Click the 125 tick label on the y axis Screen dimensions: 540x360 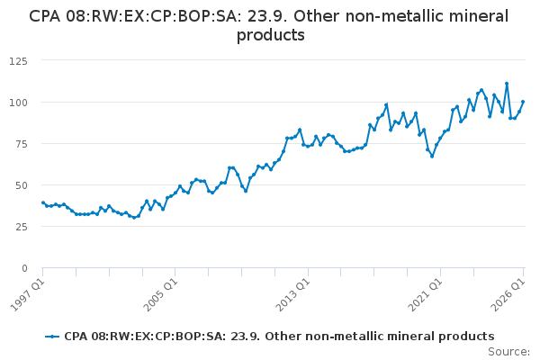(18, 61)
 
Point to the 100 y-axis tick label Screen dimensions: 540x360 (18, 103)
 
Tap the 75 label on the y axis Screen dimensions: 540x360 (21, 144)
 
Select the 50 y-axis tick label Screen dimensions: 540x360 (21, 185)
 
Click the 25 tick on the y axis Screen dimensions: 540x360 (21, 227)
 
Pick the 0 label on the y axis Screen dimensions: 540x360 (24, 268)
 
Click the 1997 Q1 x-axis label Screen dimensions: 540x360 (28, 295)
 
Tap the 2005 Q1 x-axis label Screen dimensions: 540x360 (160, 295)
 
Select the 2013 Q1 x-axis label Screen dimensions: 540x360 (293, 295)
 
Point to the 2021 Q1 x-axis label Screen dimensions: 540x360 (425, 295)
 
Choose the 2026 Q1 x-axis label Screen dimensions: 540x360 (508, 295)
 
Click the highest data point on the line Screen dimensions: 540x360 (507, 84)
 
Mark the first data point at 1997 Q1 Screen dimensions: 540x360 (43, 202)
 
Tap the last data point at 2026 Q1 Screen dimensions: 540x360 (523, 102)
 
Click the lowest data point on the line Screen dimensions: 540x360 (134, 218)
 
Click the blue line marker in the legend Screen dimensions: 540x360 (52, 337)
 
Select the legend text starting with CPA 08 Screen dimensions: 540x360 (279, 337)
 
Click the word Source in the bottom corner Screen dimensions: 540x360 (509, 352)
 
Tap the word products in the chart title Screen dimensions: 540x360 (271, 35)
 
